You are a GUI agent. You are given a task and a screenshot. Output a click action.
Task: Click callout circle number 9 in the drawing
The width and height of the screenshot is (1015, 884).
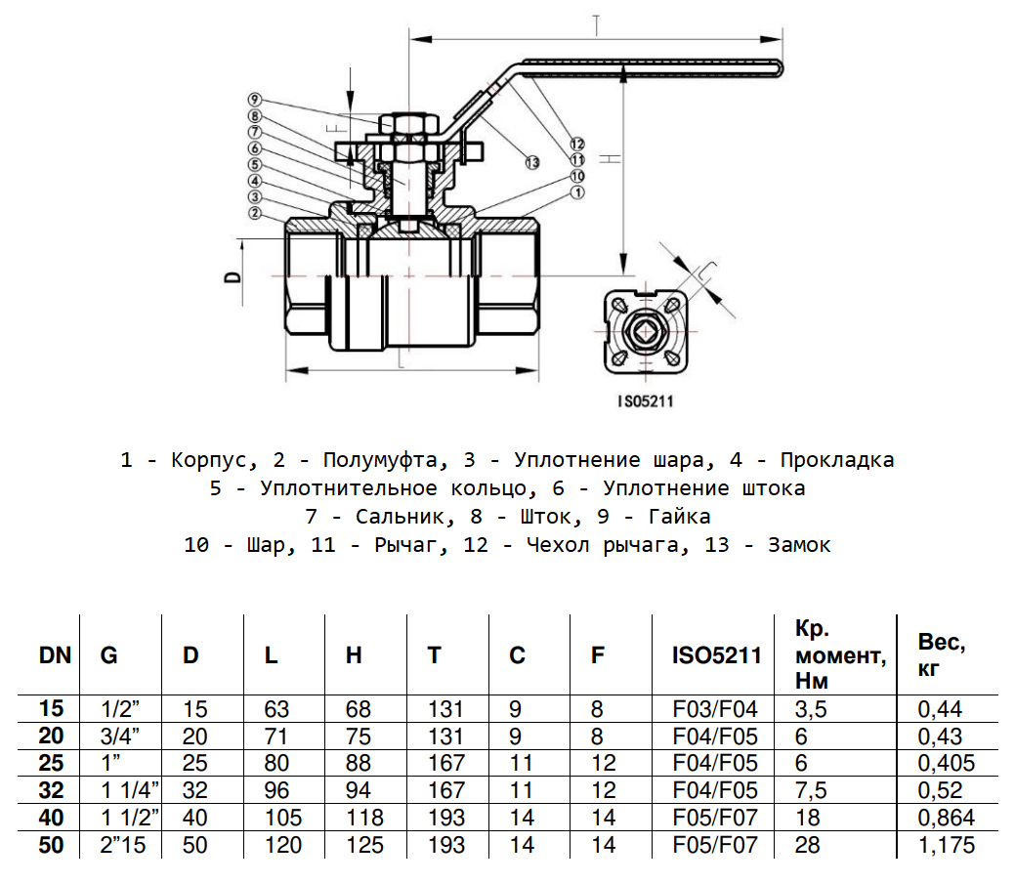coord(253,100)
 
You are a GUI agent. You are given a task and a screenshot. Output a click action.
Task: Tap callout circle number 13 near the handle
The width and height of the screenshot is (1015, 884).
coord(531,161)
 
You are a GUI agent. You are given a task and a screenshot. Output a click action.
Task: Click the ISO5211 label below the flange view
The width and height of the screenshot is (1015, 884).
coord(647,400)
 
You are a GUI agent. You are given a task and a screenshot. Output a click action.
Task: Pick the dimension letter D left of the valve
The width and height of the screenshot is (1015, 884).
coord(233,276)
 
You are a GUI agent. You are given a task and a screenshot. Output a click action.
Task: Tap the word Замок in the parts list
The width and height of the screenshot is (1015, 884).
coord(800,545)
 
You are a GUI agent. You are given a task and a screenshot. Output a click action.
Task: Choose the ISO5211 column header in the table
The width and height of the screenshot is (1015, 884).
coord(715,655)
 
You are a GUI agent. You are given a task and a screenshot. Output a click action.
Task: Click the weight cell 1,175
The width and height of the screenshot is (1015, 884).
coord(946,845)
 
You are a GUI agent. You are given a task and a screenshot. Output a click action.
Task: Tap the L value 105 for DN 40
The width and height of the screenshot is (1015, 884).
coord(283,818)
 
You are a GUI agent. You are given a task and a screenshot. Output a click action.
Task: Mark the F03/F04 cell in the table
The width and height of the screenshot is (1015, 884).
coord(715,709)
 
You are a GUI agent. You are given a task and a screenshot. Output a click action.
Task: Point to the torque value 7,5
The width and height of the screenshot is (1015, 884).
coord(813,790)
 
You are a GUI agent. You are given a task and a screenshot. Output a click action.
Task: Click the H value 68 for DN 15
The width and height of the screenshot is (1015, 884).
coord(359,709)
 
